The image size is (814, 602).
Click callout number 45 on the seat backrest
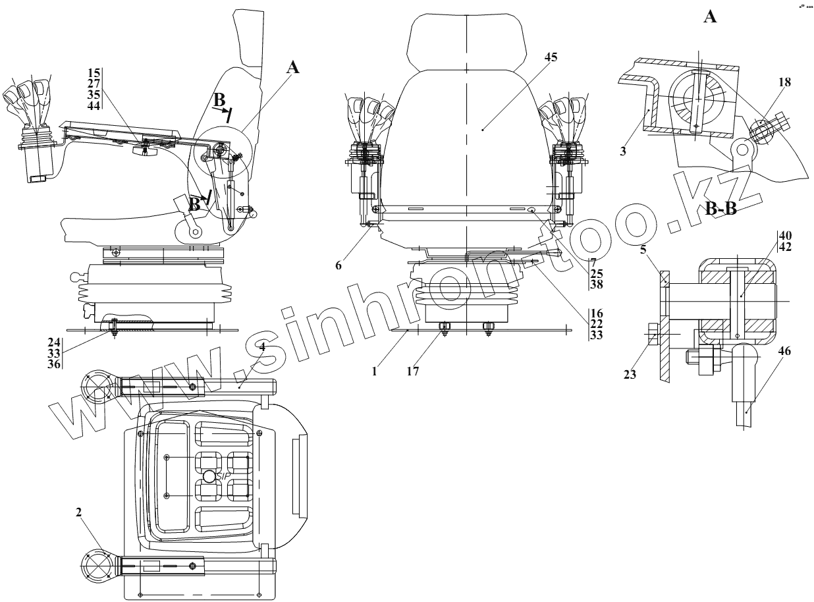coord(551,57)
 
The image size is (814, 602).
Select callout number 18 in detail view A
coord(784,82)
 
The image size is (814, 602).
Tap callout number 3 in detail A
coord(623,151)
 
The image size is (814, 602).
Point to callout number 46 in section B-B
coord(784,351)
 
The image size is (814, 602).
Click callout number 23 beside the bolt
coord(630,375)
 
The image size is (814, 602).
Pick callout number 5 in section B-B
coord(643,250)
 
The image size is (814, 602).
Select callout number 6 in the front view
coord(339,265)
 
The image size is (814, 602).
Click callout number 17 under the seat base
coord(412,371)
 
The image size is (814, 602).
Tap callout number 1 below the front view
coord(374,371)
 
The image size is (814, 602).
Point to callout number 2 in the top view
coord(78,512)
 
